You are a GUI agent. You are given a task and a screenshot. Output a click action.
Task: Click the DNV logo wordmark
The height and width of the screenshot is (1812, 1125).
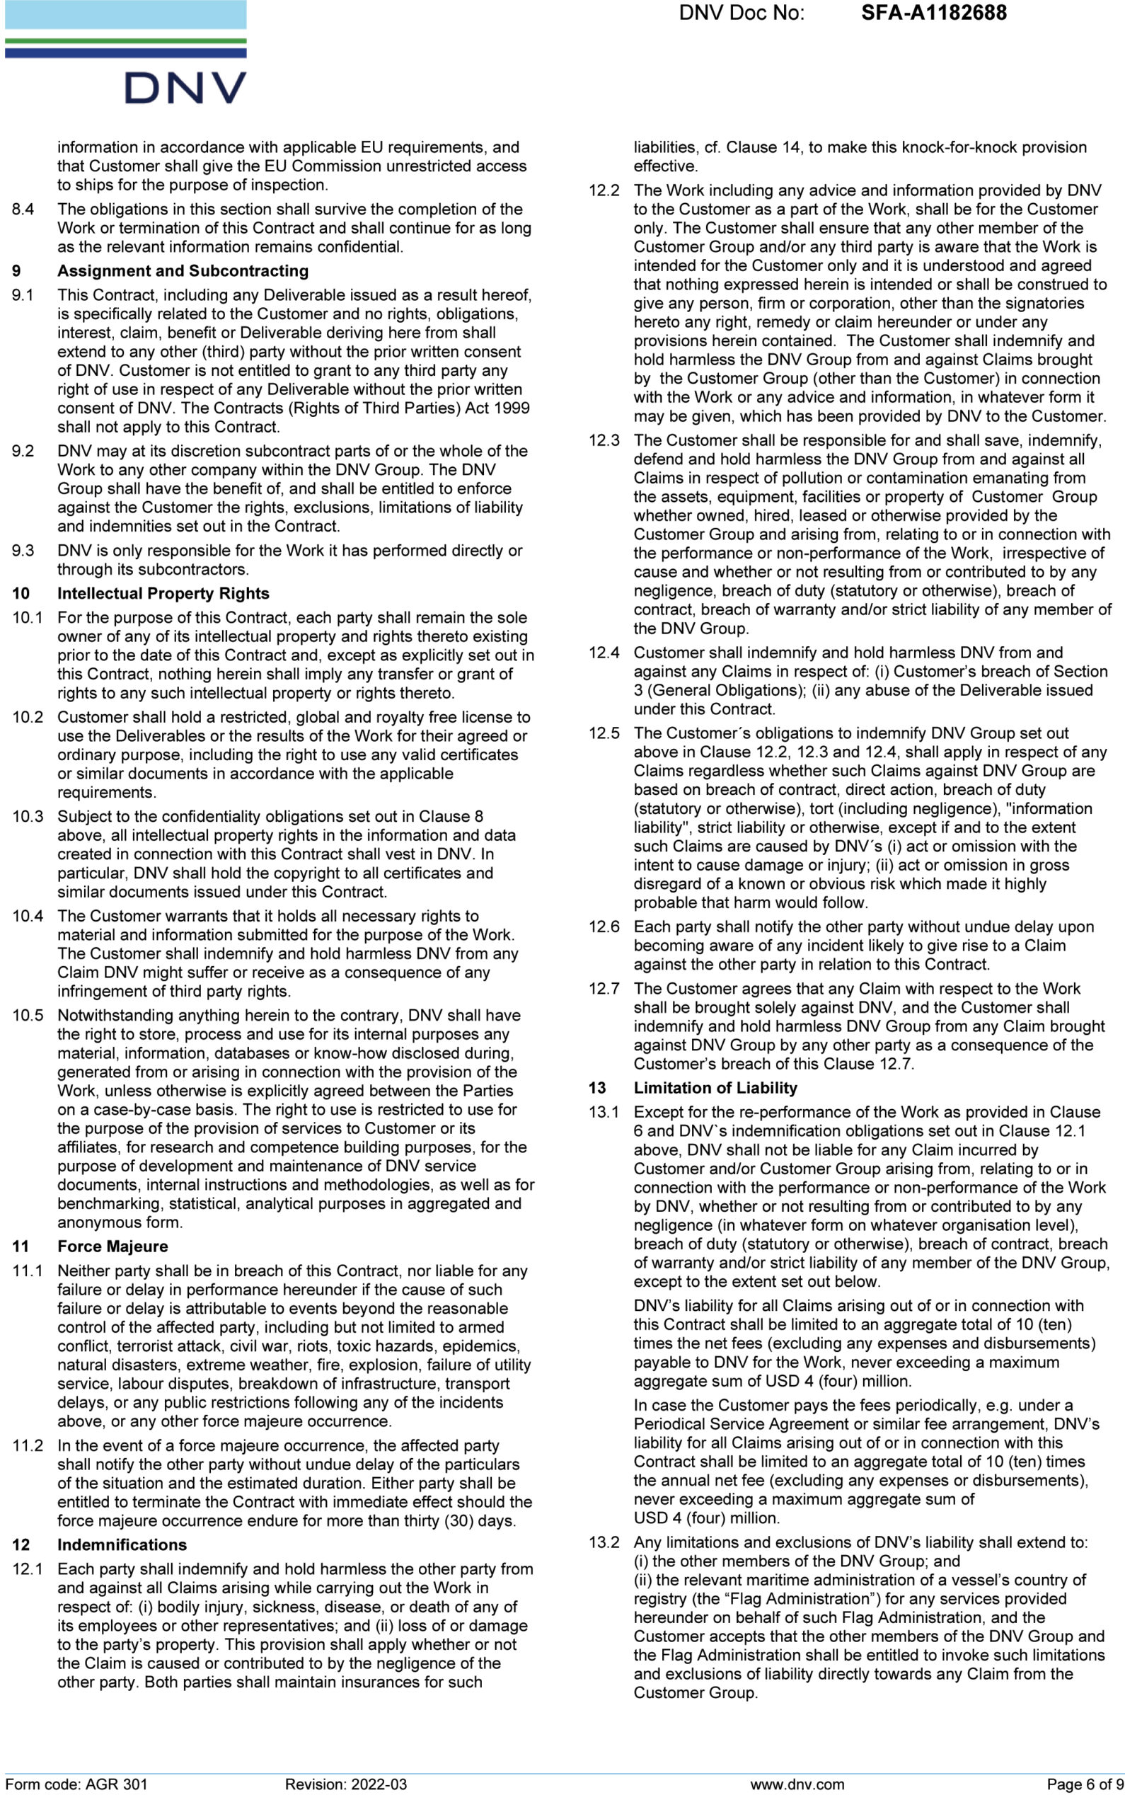click(x=185, y=88)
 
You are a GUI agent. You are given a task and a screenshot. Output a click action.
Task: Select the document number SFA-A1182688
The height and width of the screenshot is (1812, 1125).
click(x=933, y=13)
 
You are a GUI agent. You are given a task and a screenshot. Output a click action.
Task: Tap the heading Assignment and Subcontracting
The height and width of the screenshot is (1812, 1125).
click(x=183, y=271)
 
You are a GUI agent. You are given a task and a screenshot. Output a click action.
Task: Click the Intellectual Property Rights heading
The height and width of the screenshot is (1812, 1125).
click(x=163, y=593)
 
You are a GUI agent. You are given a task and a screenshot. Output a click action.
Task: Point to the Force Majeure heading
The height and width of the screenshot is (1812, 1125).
click(x=112, y=1246)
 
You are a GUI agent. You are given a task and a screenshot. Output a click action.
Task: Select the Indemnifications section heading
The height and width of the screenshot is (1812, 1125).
click(x=122, y=1544)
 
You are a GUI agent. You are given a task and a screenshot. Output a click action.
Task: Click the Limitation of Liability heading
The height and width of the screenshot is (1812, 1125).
click(x=715, y=1087)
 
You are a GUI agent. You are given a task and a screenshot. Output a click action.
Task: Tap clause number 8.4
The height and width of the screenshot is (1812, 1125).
click(x=23, y=209)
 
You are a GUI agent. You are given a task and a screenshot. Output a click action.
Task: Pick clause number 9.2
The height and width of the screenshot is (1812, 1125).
click(x=23, y=451)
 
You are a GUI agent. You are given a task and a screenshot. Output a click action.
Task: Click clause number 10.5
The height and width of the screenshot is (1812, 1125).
click(x=28, y=1015)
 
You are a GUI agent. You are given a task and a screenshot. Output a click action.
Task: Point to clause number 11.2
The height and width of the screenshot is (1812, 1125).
click(x=28, y=1445)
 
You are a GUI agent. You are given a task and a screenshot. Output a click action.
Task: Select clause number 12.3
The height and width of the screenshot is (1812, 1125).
click(x=604, y=440)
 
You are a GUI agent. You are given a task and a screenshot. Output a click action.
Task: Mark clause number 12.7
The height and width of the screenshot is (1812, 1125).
click(x=604, y=988)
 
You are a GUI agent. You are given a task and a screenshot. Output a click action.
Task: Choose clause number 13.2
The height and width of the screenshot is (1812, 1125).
click(x=604, y=1542)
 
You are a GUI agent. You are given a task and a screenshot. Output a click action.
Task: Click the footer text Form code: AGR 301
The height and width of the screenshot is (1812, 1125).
click(x=76, y=1784)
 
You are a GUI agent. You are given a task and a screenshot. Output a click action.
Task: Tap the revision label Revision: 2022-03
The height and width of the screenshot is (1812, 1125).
click(x=345, y=1784)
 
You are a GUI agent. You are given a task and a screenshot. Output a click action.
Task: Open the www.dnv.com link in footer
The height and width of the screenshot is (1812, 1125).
click(x=797, y=1784)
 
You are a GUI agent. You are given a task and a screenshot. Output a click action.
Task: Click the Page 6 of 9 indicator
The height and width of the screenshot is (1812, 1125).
click(x=1084, y=1784)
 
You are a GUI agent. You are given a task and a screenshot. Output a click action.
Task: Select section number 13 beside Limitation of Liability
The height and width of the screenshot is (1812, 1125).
click(x=596, y=1087)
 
